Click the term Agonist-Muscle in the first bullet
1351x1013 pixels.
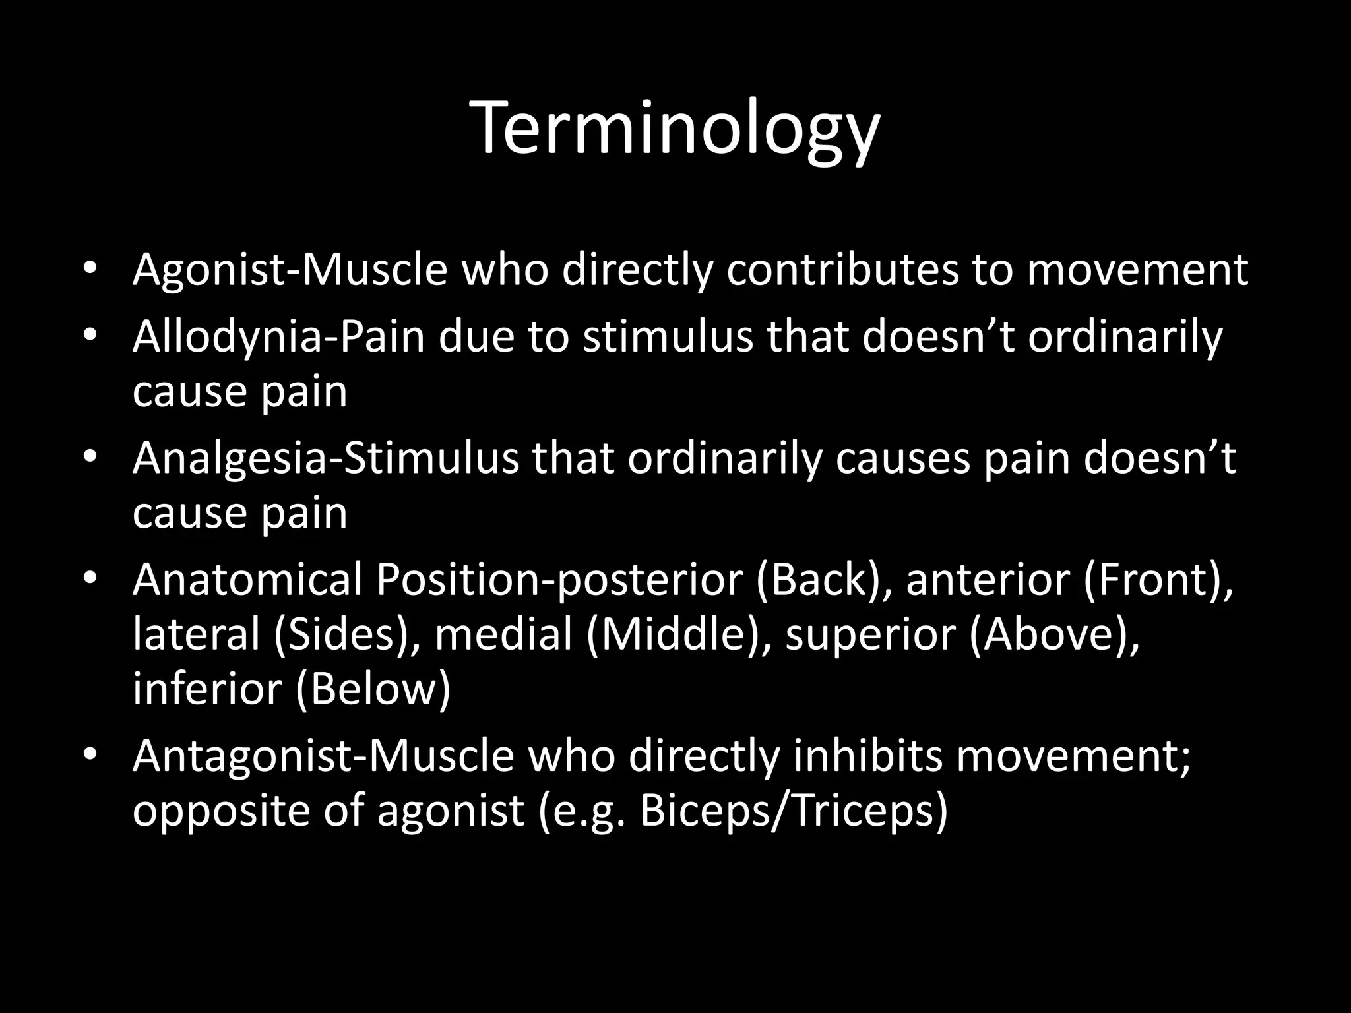click(290, 270)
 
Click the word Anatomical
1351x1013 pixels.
click(247, 580)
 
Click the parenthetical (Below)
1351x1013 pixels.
click(373, 689)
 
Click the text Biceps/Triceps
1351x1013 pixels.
click(792, 811)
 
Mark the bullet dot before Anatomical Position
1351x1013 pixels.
click(90, 578)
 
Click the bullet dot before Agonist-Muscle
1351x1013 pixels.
click(90, 268)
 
